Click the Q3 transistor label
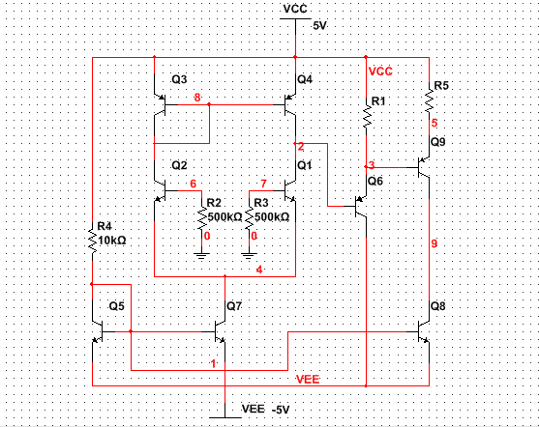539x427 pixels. [179, 78]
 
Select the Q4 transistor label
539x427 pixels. [305, 78]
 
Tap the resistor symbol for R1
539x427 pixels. [368, 117]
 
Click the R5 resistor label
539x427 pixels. [440, 86]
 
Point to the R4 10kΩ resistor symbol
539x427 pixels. [92, 239]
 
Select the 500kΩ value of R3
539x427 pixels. [272, 217]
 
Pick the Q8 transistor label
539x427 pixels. [439, 306]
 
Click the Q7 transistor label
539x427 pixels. [233, 306]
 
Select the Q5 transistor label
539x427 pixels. [116, 306]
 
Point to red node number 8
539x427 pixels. [196, 98]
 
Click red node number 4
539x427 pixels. [259, 270]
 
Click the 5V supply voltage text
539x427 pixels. [320, 26]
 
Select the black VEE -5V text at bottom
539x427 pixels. [264, 411]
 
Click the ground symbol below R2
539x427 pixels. [201, 255]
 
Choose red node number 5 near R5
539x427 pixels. [434, 123]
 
